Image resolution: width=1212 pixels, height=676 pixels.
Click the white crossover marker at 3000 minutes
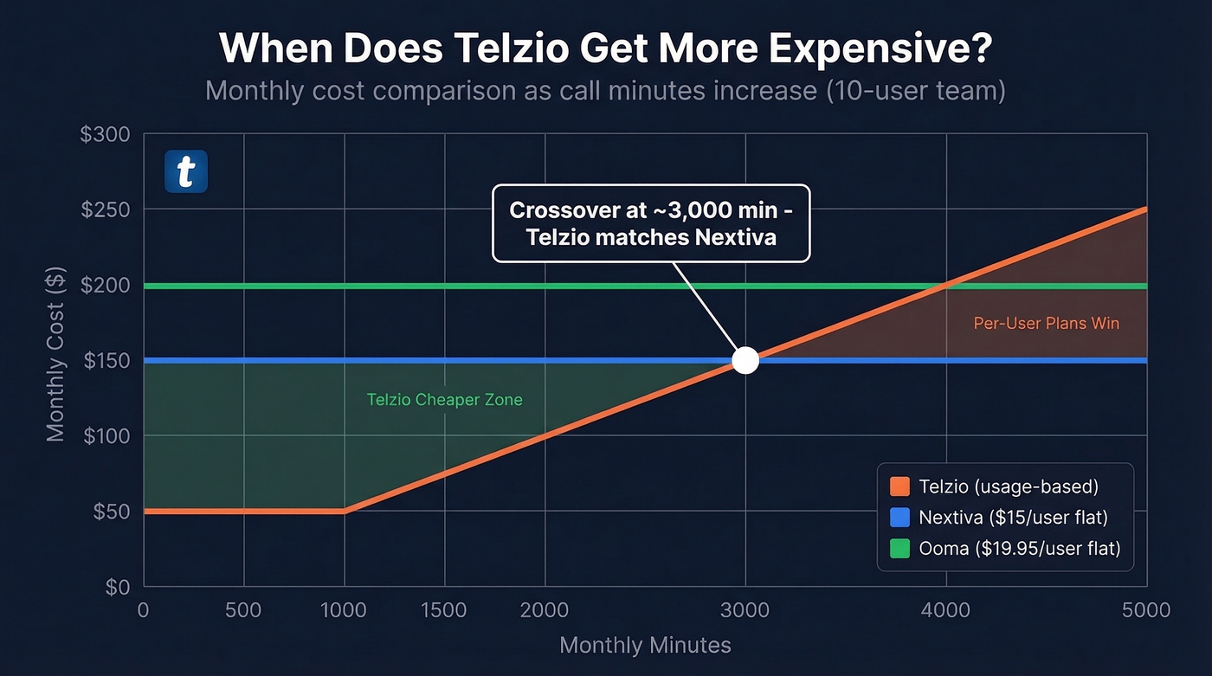coord(745,360)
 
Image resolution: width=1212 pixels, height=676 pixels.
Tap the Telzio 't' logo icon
coord(186,171)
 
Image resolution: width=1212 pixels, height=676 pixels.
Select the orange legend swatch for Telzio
coord(899,486)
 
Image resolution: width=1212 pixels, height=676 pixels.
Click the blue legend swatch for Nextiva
coord(899,518)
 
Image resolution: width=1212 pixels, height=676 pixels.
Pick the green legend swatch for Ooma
coord(899,548)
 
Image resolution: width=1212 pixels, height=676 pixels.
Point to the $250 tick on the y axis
coord(106,209)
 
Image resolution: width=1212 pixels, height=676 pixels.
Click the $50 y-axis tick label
coord(110,512)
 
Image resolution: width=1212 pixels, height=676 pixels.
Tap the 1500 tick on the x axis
coord(444,610)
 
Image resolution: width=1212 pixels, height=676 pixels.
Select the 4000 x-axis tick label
coord(945,610)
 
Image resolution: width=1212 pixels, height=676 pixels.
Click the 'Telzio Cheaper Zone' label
coord(444,400)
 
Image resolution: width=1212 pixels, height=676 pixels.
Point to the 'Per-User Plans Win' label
coord(1046,324)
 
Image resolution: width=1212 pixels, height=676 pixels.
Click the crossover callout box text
coord(650,223)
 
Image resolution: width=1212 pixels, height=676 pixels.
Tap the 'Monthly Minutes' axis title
coord(645,646)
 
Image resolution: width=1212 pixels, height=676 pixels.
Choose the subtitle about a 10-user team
coord(605,90)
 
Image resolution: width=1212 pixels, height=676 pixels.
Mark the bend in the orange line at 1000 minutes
coord(345,511)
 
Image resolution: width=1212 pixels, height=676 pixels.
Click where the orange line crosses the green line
coord(945,286)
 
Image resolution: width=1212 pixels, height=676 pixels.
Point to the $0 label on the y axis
coord(117,588)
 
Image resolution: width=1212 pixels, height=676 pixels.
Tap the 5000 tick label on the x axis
coord(1145,610)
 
